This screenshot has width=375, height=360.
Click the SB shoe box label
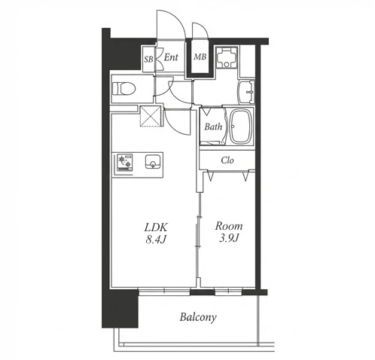click(x=148, y=59)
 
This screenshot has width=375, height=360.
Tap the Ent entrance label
click(x=171, y=57)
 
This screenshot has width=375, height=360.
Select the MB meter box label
click(x=200, y=56)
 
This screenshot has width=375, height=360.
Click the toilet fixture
click(x=123, y=89)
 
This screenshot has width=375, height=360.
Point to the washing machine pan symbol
click(x=227, y=57)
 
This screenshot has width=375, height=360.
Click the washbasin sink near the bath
click(x=246, y=92)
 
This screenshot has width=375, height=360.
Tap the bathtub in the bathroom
click(x=240, y=127)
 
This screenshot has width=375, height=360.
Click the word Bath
click(x=213, y=127)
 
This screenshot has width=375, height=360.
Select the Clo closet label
click(x=227, y=160)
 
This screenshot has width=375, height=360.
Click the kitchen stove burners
click(x=123, y=163)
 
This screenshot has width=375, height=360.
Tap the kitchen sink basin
click(x=152, y=161)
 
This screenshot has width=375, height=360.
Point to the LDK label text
click(x=156, y=227)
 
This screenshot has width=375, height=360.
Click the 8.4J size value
click(x=156, y=239)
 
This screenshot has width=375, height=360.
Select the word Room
click(x=229, y=226)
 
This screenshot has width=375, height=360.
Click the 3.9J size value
click(x=229, y=238)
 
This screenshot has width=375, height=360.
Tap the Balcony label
click(x=198, y=317)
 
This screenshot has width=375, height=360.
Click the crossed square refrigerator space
click(x=151, y=116)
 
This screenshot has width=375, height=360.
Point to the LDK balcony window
click(x=164, y=291)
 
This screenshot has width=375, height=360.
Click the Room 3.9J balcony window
click(x=228, y=291)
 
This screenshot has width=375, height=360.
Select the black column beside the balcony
click(x=120, y=309)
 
